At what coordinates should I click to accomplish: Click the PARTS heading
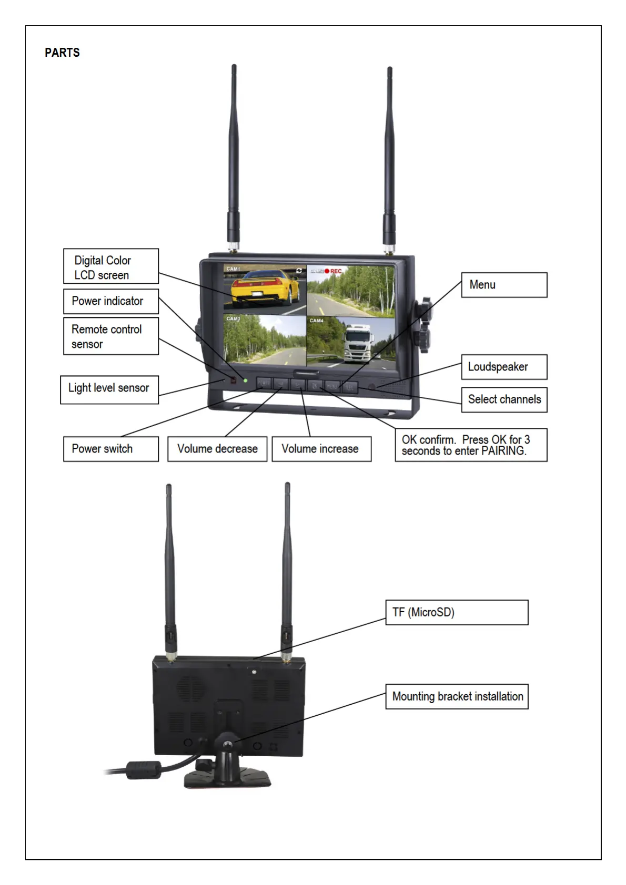(x=62, y=53)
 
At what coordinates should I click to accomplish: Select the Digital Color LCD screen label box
(x=110, y=267)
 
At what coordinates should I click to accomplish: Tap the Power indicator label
(x=110, y=301)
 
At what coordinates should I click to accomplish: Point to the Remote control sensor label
(x=110, y=336)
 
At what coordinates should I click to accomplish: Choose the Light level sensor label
(x=109, y=389)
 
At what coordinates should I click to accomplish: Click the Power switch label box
(x=110, y=449)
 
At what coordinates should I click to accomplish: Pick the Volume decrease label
(x=217, y=449)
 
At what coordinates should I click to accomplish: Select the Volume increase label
(x=321, y=449)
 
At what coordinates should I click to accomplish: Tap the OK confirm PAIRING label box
(x=471, y=445)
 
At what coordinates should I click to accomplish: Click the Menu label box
(x=504, y=285)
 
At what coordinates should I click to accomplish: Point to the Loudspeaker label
(x=504, y=367)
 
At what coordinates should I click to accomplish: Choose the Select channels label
(x=504, y=399)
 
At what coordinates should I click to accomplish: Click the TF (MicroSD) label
(x=457, y=612)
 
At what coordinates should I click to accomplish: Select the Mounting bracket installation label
(x=457, y=696)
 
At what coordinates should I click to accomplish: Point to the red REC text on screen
(x=336, y=271)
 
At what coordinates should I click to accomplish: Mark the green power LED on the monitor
(x=245, y=379)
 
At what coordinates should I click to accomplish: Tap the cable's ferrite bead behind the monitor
(x=143, y=770)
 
